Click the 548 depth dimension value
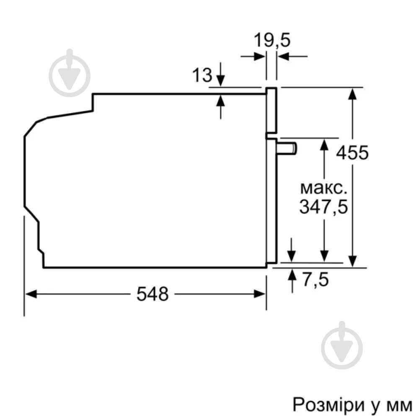tap(153, 294)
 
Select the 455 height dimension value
tap(352, 153)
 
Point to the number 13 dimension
tap(202, 75)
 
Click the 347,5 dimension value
tap(324, 207)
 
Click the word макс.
tap(324, 188)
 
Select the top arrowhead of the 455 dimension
tap(353, 93)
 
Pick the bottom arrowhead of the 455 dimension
tap(353, 261)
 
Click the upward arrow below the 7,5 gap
tap(292, 275)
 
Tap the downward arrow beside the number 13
tap(220, 80)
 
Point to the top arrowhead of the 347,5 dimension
tap(324, 144)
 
